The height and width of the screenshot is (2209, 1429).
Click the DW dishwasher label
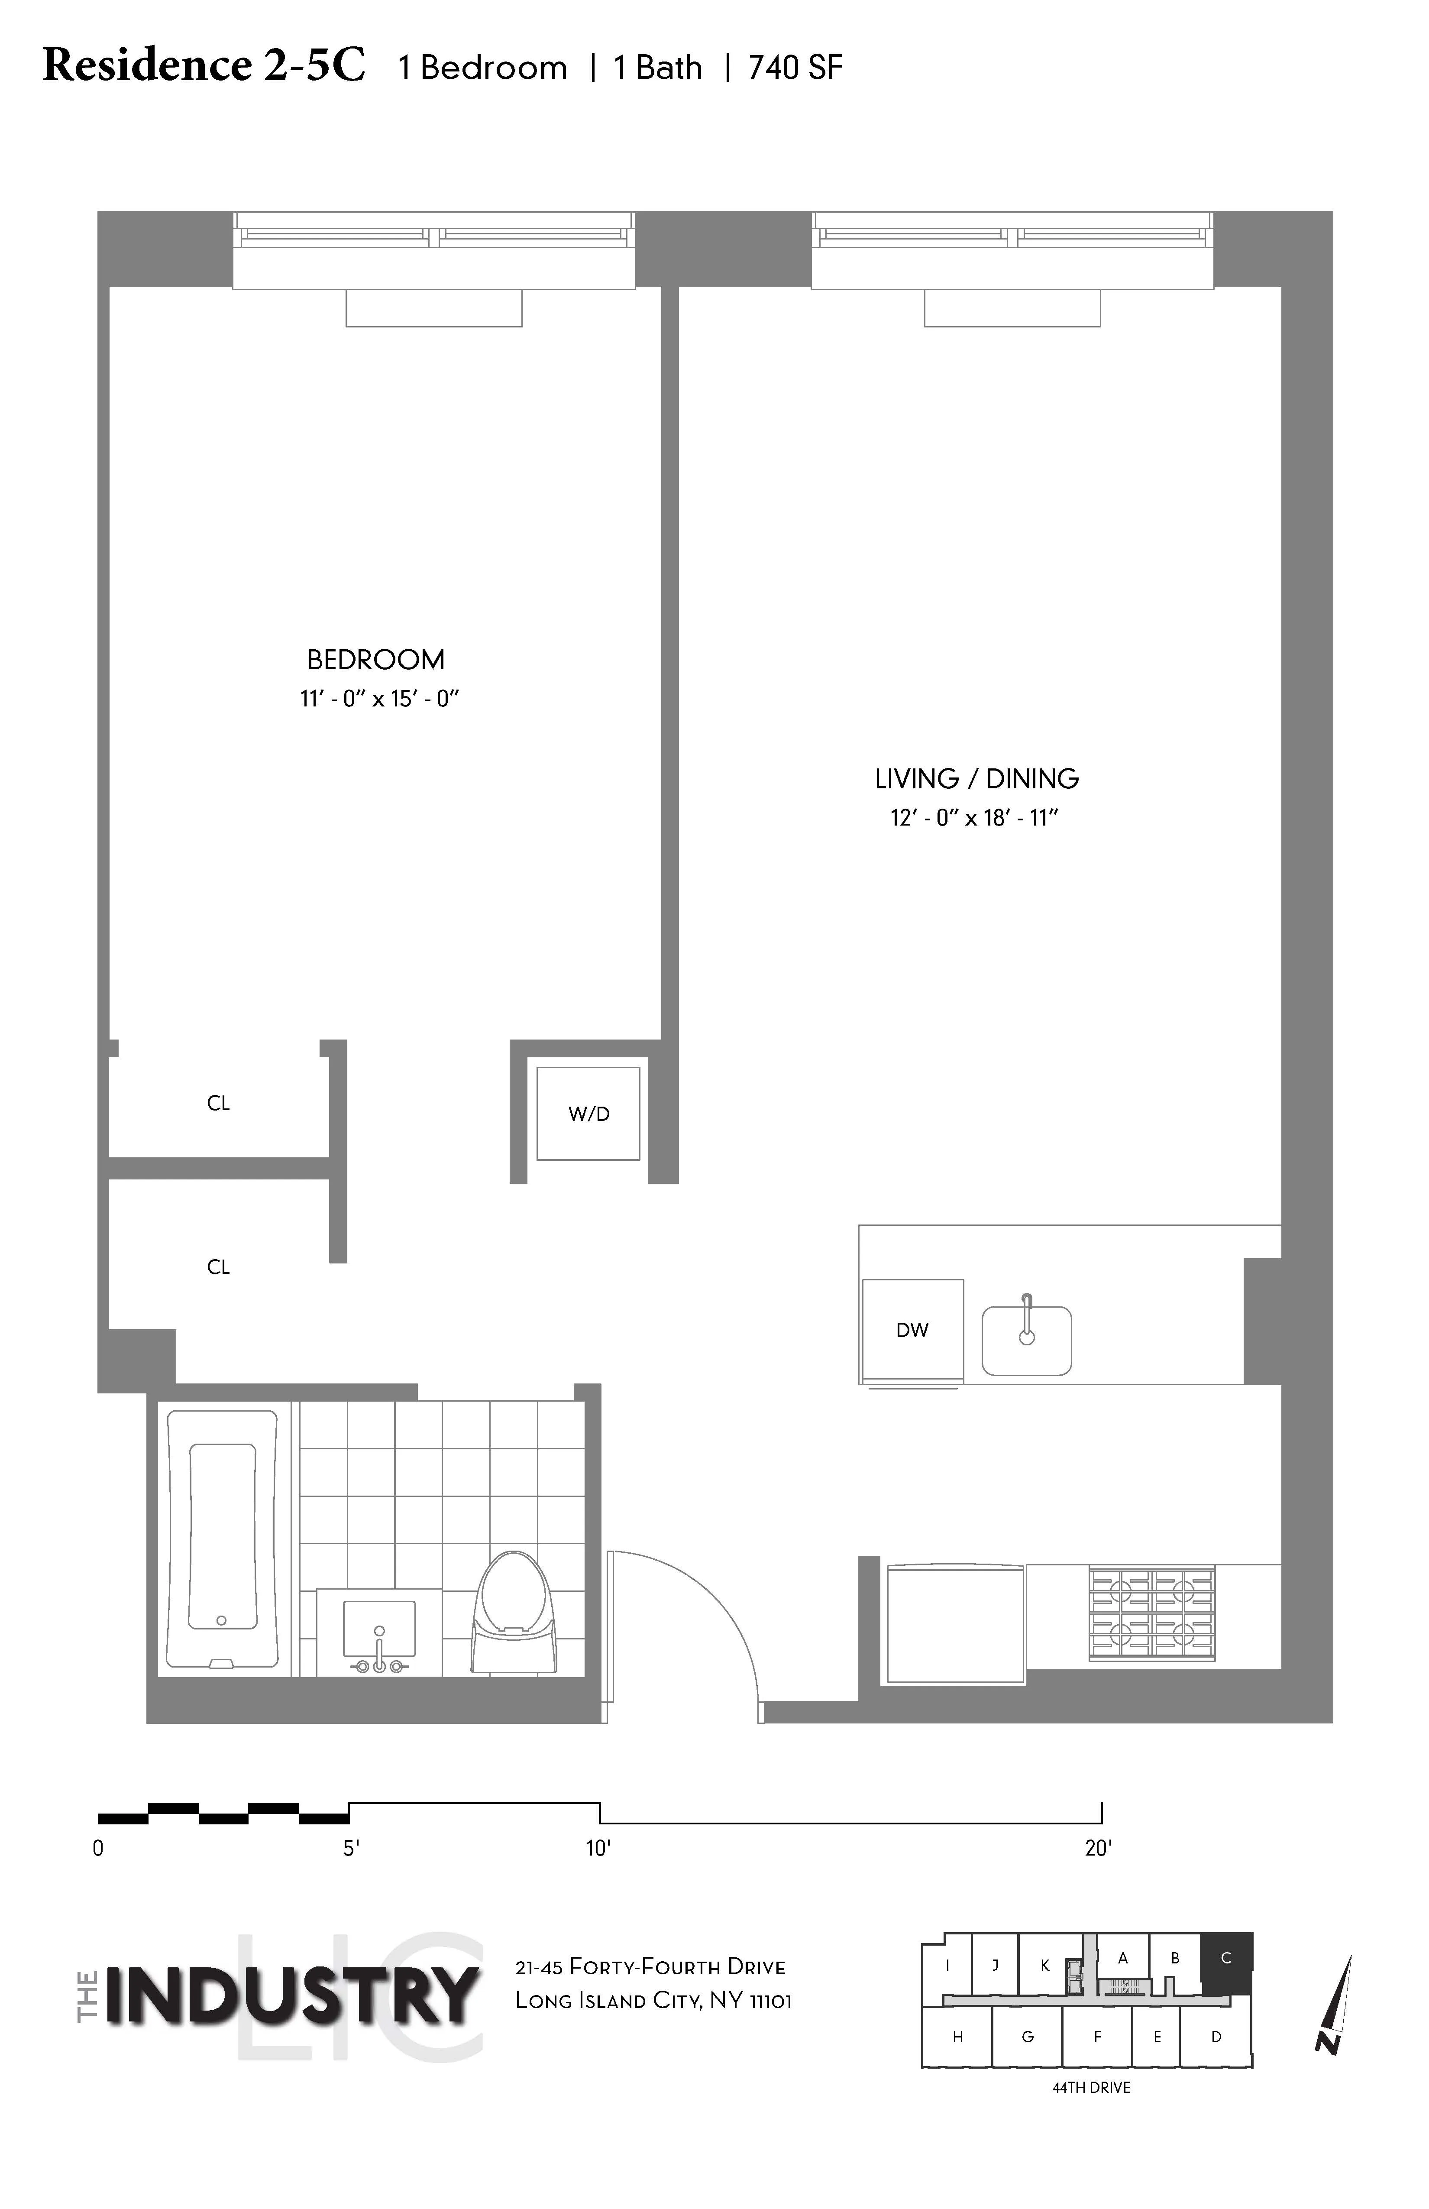coord(912,1330)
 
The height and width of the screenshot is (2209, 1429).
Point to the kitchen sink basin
coord(1026,1341)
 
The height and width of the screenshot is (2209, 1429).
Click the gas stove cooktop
coord(1151,1614)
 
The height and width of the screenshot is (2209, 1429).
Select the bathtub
coord(223,1538)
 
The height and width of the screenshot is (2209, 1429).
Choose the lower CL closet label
coord(218,1267)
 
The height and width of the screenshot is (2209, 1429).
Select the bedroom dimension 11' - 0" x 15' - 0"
coord(379,699)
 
